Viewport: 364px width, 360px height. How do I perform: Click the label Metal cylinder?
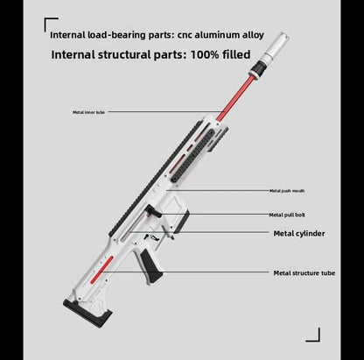pyautogui.click(x=300, y=234)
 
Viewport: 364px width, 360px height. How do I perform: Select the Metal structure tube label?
pyautogui.click(x=304, y=273)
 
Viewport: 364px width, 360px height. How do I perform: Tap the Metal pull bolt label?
pyautogui.click(x=287, y=214)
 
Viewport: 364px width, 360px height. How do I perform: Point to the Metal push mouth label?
pyautogui.click(x=287, y=190)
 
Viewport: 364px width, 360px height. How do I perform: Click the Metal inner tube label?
pyautogui.click(x=89, y=113)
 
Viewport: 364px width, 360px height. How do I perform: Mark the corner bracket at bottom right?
pyautogui.click(x=316, y=336)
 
